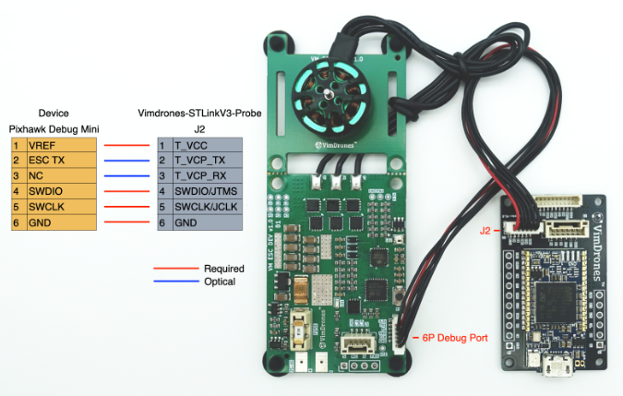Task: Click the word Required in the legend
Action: point(224,269)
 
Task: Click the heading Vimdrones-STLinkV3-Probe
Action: point(199,113)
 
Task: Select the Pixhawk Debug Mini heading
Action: point(54,128)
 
